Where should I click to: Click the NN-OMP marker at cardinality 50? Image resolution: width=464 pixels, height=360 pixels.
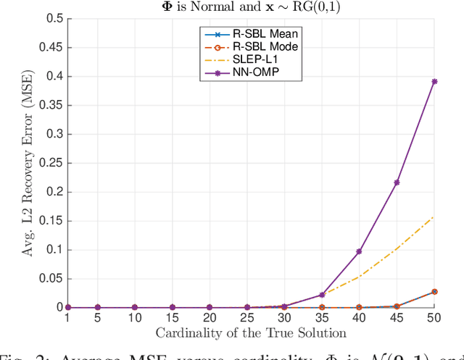click(x=434, y=81)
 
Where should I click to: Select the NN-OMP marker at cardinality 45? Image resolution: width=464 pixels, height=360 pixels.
click(x=397, y=182)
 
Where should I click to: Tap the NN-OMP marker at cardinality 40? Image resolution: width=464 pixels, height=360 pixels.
click(x=359, y=251)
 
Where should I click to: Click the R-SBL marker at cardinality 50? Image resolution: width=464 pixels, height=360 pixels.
click(x=434, y=291)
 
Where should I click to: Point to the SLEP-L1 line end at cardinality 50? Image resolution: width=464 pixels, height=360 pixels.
click(x=434, y=216)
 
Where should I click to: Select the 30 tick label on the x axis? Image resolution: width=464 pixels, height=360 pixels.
click(x=284, y=319)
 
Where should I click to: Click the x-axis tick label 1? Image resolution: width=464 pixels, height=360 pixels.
click(x=68, y=319)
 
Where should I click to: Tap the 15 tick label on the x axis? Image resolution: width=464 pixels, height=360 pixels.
click(x=172, y=319)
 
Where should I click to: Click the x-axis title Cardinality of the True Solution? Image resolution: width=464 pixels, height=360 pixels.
click(x=251, y=332)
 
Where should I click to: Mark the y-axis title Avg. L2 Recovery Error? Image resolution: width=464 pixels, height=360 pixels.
click(x=27, y=163)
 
